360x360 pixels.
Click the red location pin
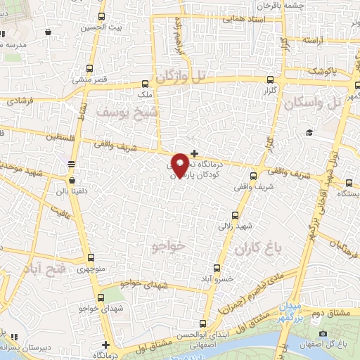pyautogui.click(x=180, y=165)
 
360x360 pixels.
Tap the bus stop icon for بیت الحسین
pyautogui.click(x=102, y=17)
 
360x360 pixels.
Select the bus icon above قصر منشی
pyautogui.click(x=89, y=69)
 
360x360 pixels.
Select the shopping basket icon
pyautogui.click(x=47, y=32)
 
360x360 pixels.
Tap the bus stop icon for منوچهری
pyautogui.click(x=90, y=257)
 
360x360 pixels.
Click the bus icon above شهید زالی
pyautogui.click(x=235, y=216)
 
